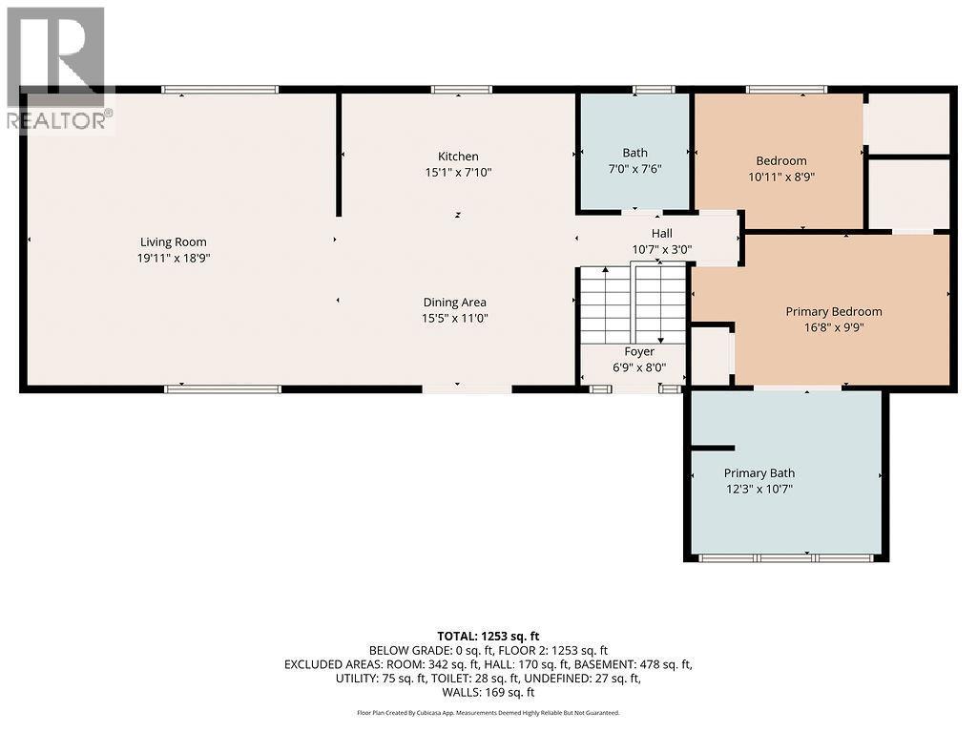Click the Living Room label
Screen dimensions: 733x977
click(x=173, y=241)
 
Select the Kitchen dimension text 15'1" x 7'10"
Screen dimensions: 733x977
click(x=458, y=173)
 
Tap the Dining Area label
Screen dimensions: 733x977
click(x=454, y=302)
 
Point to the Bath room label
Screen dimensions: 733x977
click(x=634, y=153)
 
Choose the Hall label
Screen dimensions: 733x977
click(x=661, y=233)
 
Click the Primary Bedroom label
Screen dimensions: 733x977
click(x=833, y=311)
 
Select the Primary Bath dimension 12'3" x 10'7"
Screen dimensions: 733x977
click(x=759, y=489)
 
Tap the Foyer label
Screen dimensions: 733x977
click(x=639, y=351)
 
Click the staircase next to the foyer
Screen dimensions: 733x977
click(x=633, y=305)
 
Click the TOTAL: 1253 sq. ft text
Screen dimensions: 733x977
click(x=488, y=636)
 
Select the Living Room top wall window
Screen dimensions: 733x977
click(x=219, y=90)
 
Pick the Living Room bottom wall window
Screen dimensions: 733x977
click(x=222, y=388)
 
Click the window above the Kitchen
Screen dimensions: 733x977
click(x=461, y=90)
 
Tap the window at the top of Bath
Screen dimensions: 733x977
click(x=654, y=90)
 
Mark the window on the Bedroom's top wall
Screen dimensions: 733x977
click(x=786, y=90)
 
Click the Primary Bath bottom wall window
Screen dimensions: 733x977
click(x=786, y=557)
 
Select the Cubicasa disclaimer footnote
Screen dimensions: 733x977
click(x=488, y=712)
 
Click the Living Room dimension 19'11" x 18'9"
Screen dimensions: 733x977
click(x=173, y=258)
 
